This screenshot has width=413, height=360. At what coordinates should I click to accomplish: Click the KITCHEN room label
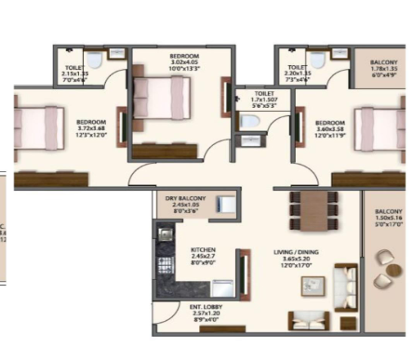point(204,250)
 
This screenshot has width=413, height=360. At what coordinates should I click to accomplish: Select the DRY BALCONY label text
point(187,198)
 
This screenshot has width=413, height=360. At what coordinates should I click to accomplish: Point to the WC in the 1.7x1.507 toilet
point(249,143)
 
